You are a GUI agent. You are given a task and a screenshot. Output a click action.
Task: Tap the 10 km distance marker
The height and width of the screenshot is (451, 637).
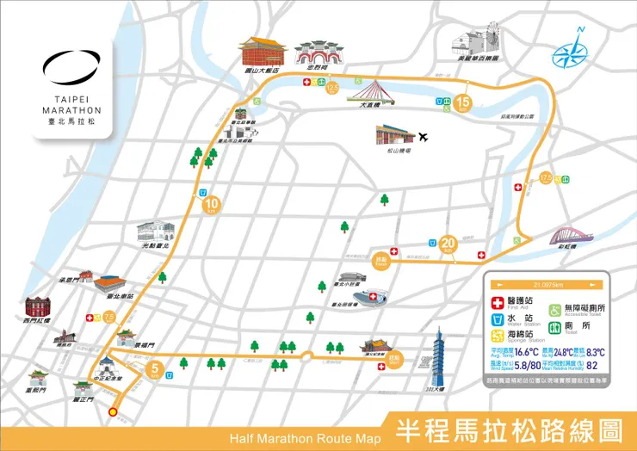(212, 205)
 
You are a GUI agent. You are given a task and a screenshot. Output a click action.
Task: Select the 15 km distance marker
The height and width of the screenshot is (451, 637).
(464, 103)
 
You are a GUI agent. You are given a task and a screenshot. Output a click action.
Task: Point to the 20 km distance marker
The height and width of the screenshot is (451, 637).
(447, 244)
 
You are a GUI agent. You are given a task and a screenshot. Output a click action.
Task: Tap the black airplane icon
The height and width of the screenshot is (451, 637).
(423, 137)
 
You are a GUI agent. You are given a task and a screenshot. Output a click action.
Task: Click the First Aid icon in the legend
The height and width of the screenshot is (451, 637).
(496, 303)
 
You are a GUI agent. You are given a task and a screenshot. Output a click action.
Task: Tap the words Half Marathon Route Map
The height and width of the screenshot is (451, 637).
(305, 438)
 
